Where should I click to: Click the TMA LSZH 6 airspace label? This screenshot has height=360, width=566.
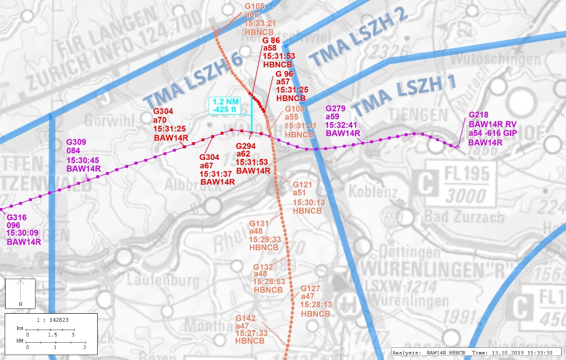(193, 79)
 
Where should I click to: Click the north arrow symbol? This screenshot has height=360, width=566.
(20, 293)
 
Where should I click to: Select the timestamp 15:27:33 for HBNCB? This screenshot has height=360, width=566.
(251, 333)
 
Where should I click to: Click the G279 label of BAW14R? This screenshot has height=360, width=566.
(335, 108)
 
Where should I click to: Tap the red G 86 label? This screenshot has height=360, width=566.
(272, 40)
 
